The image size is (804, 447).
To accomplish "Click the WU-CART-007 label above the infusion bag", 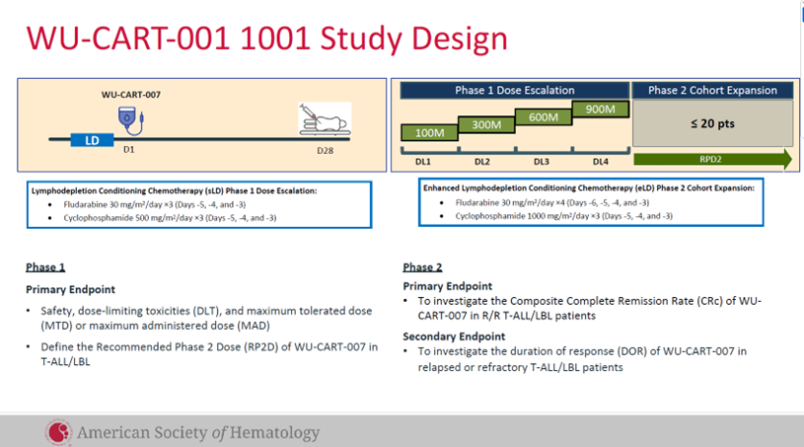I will coord(130,95).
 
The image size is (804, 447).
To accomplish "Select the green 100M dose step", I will coord(428,132).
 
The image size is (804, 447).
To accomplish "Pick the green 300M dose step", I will coord(485,125).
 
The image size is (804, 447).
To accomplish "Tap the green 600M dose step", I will coord(543,117).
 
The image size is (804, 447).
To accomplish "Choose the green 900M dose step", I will coord(601,109).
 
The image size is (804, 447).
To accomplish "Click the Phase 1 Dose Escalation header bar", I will coord(514,90).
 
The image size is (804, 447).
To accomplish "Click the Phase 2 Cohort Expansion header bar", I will coord(712,90).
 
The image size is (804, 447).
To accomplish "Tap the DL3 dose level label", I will coord(542,161).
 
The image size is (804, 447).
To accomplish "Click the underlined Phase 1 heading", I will coord(45,267).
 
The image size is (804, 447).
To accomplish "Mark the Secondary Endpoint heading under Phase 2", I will coord(458,335).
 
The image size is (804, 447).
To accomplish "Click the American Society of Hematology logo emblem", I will coord(58,432).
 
